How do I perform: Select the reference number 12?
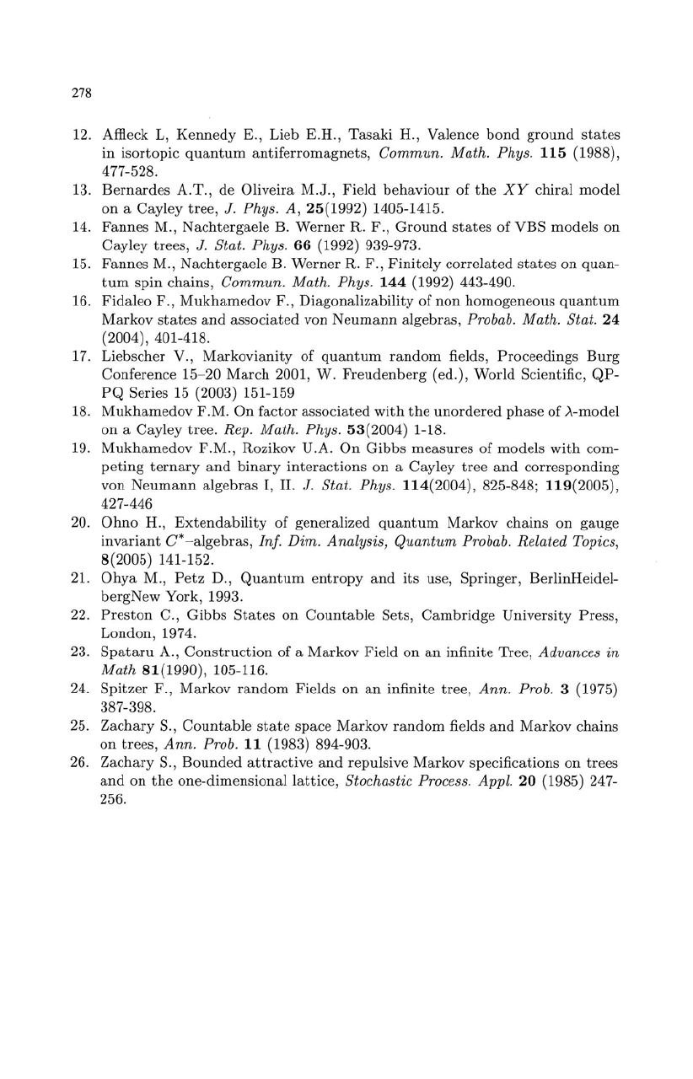[81, 135]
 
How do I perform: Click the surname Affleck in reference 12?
[124, 135]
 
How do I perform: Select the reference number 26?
[81, 765]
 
